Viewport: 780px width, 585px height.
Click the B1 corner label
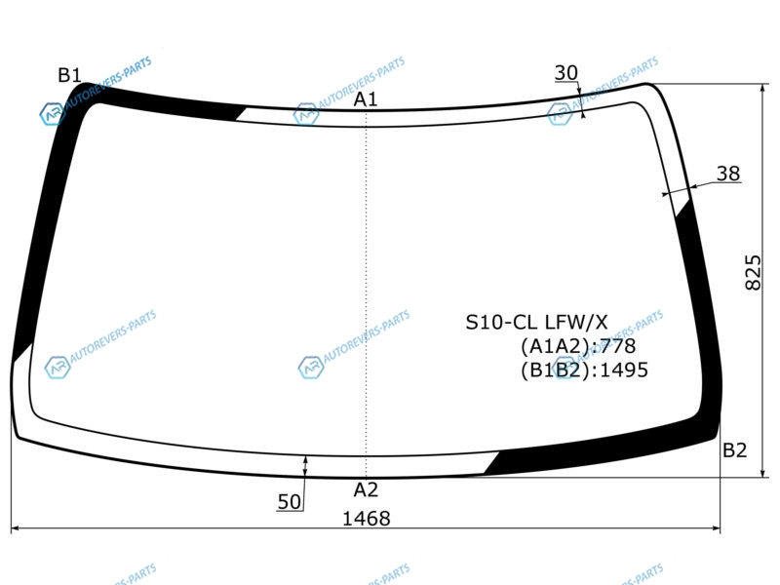pyautogui.click(x=69, y=75)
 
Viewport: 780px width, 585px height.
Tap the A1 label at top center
pyautogui.click(x=366, y=99)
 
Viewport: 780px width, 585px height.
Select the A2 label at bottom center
pyautogui.click(x=366, y=490)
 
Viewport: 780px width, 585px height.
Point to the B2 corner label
pyautogui.click(x=735, y=450)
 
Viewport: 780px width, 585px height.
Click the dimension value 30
pyautogui.click(x=566, y=73)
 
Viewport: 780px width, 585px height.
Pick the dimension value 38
pyautogui.click(x=728, y=174)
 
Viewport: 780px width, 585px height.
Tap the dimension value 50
pyautogui.click(x=290, y=502)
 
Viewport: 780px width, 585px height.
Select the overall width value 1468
pyautogui.click(x=367, y=519)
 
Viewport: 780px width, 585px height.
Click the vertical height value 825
pyautogui.click(x=753, y=272)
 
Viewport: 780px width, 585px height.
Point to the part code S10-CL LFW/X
pyautogui.click(x=536, y=323)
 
